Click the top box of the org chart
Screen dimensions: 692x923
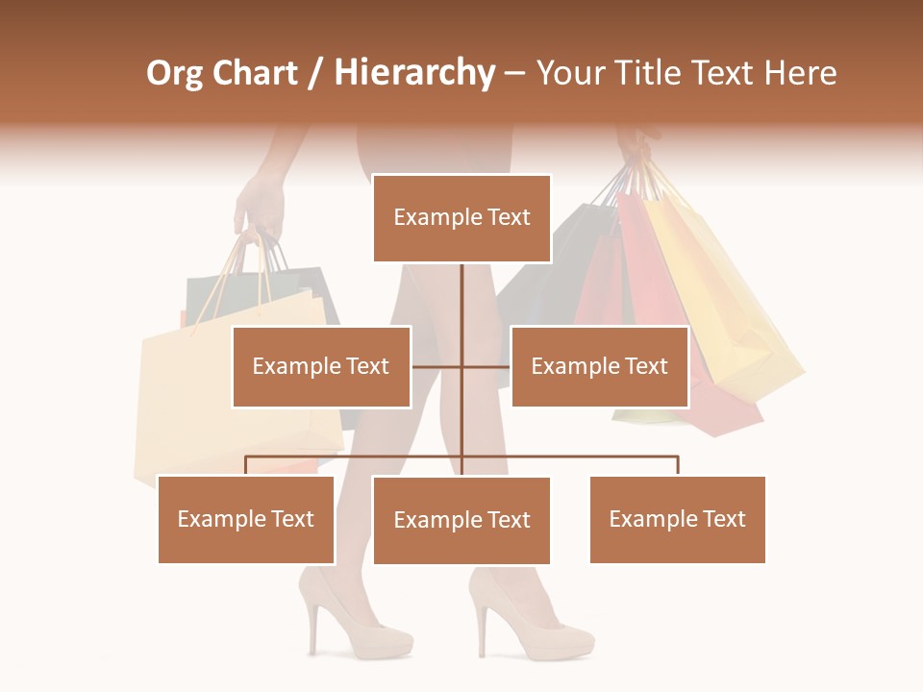[461, 218]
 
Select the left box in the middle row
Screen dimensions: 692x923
[321, 366]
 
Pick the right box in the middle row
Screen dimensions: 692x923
[599, 366]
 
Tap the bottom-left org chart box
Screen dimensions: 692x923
[246, 519]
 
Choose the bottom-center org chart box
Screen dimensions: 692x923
[461, 520]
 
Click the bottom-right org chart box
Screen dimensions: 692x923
[677, 519]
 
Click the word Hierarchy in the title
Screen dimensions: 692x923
[414, 73]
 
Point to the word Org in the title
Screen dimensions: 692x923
[175, 73]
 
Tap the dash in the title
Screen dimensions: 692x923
[514, 73]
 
